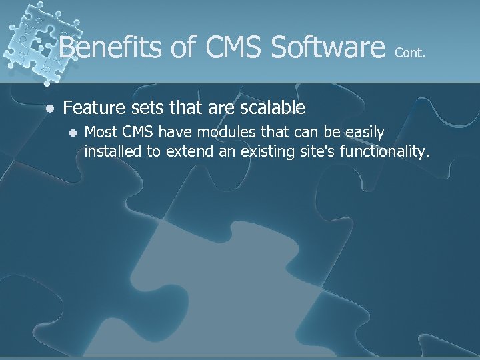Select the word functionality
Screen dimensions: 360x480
(384, 152)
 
